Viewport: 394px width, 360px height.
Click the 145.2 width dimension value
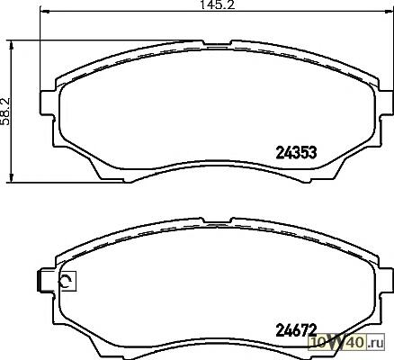click(218, 4)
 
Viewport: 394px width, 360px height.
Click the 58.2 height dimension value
click(5, 111)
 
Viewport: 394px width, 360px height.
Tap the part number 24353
click(296, 153)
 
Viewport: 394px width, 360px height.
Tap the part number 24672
click(296, 330)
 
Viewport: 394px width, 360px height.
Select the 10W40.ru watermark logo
click(347, 342)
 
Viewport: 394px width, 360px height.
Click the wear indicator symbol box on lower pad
click(67, 281)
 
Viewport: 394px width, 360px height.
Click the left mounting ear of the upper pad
click(48, 103)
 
